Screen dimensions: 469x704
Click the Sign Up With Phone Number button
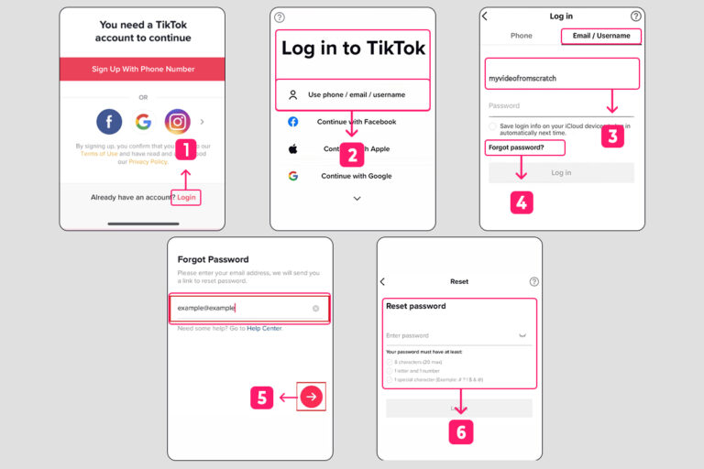point(142,69)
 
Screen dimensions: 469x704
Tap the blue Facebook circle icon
point(109,121)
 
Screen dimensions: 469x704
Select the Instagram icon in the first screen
point(178,121)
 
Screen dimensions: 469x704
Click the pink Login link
point(187,197)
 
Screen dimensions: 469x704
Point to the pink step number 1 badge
point(186,148)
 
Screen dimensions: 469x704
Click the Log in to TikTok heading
point(353,49)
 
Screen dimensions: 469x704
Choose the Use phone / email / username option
point(353,94)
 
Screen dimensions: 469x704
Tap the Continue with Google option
point(356,176)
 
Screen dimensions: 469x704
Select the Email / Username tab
point(600,36)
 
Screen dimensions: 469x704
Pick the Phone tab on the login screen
point(521,36)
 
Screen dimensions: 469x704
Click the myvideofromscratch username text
point(522,78)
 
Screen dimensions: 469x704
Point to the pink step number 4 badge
point(522,202)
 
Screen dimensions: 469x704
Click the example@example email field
point(248,308)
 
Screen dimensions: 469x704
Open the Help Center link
point(264,328)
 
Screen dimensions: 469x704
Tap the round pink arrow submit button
point(312,397)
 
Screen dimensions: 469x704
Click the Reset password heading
point(416,306)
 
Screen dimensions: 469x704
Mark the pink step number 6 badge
point(460,431)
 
